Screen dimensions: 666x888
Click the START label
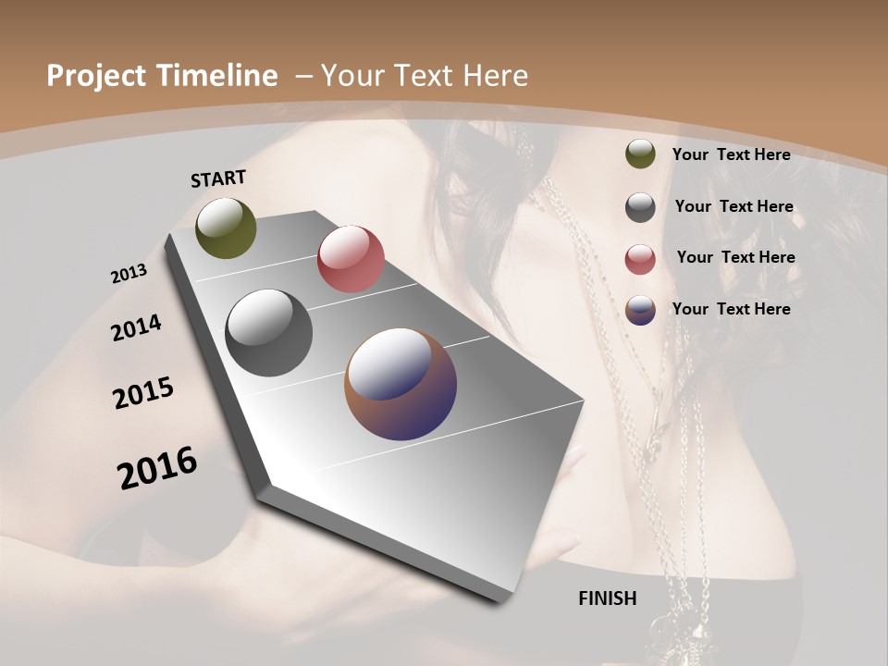[x=218, y=179]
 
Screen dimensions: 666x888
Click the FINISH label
[x=607, y=598]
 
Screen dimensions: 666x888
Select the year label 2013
[x=129, y=274]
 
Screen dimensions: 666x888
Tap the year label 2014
[x=136, y=328]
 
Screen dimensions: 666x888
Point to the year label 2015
[x=143, y=393]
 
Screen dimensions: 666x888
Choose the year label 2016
[x=157, y=468]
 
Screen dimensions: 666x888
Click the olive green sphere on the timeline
[x=226, y=228]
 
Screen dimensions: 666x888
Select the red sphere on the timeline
[x=351, y=259]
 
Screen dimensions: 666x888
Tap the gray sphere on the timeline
[x=269, y=333]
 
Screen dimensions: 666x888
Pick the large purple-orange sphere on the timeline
[x=401, y=385]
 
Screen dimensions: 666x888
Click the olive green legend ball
[x=640, y=154]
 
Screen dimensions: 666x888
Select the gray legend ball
[x=640, y=207]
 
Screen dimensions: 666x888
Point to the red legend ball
[x=640, y=258]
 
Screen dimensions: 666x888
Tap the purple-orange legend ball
[x=640, y=310]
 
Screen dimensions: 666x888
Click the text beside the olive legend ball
[x=731, y=154]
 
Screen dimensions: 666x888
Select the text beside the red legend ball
[x=735, y=257]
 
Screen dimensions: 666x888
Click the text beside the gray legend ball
[x=734, y=206]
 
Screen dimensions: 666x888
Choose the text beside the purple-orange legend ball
[x=731, y=309]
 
